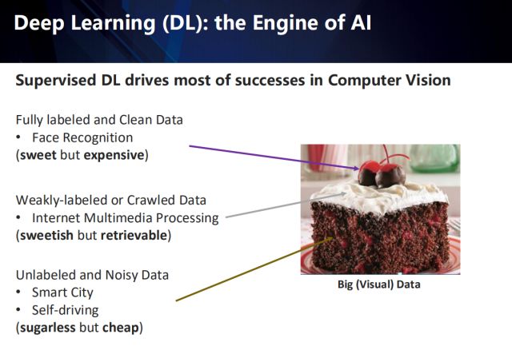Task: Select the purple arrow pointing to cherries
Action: [x=272, y=157]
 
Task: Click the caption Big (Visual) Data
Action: [x=378, y=284]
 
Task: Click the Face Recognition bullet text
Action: [x=82, y=137]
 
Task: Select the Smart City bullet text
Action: [x=62, y=292]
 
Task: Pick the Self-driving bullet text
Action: [x=64, y=310]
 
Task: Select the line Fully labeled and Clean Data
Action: [x=99, y=120]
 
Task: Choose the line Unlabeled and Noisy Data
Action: [x=92, y=275]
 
